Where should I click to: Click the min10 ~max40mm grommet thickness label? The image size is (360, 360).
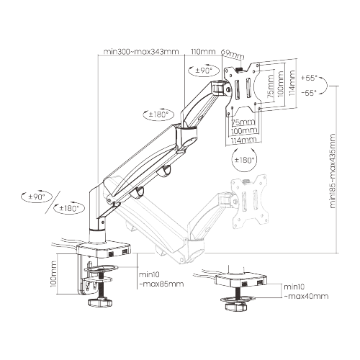(305, 292)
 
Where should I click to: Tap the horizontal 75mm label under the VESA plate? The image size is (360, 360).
(242, 122)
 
